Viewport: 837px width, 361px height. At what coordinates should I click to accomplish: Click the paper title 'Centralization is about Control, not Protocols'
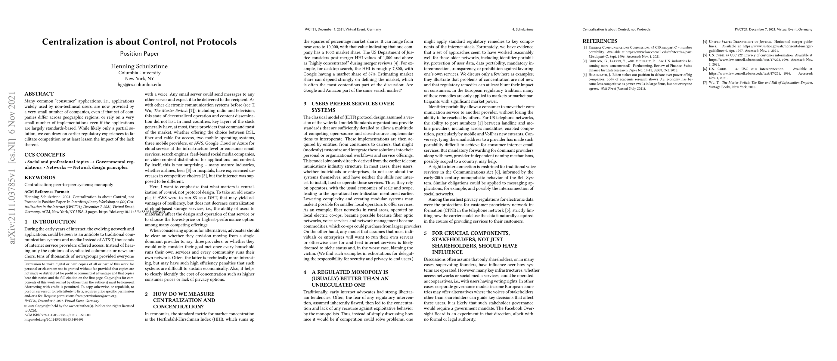click(139, 42)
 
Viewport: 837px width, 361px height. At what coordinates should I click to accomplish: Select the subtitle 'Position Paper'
click(139, 54)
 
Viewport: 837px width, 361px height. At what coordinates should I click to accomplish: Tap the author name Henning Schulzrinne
click(139, 66)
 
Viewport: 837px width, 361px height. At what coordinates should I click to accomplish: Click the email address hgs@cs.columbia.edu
click(139, 85)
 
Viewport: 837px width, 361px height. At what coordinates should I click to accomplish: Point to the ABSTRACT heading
click(39, 94)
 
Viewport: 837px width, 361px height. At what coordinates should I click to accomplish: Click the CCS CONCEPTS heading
click(45, 155)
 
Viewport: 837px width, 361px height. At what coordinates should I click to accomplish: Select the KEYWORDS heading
click(40, 177)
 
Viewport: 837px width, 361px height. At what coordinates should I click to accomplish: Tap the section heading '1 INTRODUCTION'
click(50, 222)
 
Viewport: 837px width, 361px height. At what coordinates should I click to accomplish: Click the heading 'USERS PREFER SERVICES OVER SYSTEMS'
click(352, 107)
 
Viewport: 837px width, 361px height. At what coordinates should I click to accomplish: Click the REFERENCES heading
click(600, 41)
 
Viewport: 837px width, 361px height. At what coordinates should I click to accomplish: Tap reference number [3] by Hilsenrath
click(640, 82)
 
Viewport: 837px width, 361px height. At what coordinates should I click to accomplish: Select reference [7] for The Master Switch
click(760, 85)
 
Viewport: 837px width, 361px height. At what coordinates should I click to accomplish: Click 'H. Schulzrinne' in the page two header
click(522, 29)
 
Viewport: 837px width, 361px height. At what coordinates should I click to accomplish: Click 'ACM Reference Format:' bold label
click(46, 192)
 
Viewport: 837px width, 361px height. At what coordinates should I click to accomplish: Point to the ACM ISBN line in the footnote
click(57, 315)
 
